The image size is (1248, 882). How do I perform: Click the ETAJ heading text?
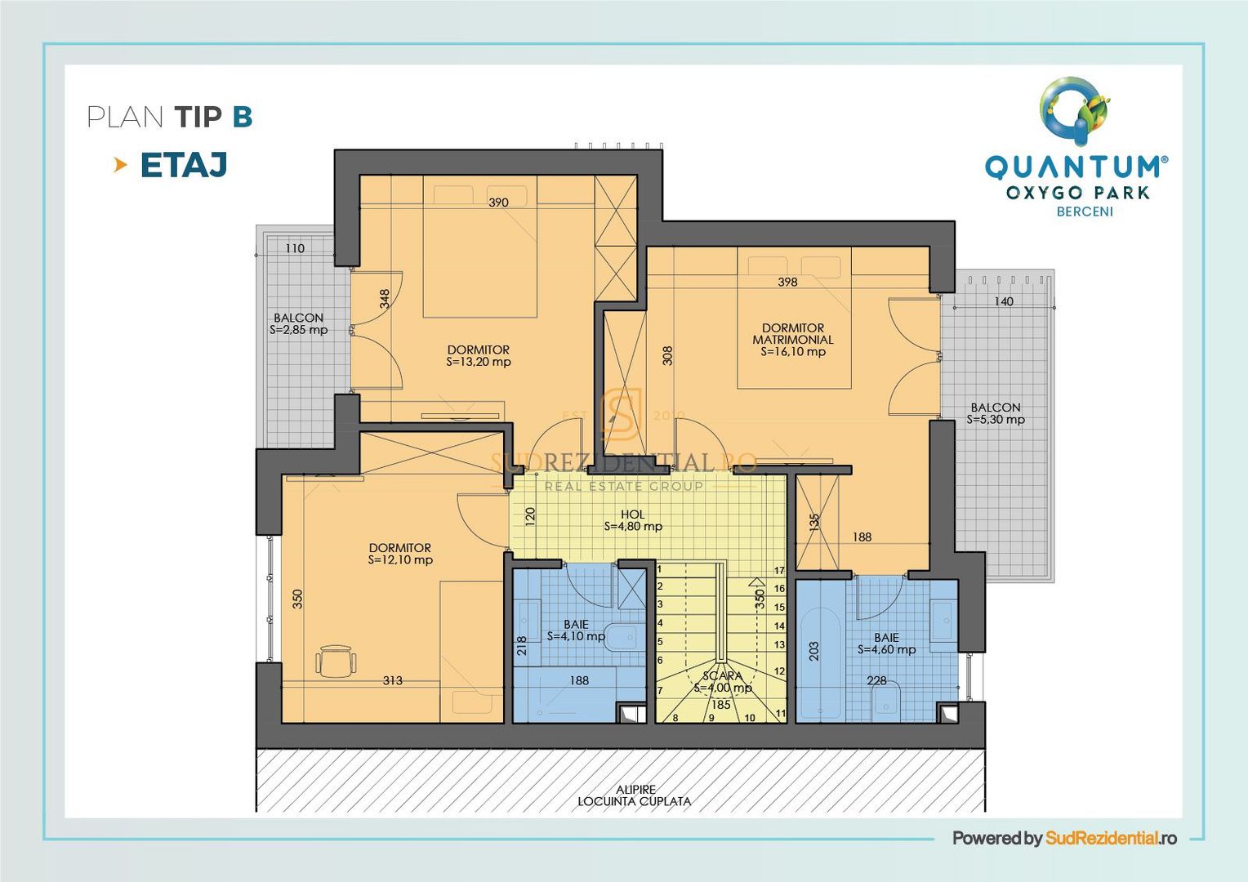(183, 165)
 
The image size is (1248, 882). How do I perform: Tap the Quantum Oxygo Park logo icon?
(1075, 106)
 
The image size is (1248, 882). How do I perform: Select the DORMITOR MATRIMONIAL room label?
(792, 340)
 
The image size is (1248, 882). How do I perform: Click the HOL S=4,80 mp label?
(632, 521)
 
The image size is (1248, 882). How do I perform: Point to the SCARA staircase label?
(722, 682)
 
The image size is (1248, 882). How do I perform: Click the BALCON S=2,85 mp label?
(298, 324)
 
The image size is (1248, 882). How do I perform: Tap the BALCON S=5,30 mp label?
(995, 414)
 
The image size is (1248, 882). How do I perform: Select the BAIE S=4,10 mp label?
(576, 630)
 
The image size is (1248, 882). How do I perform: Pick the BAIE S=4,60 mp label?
(886, 644)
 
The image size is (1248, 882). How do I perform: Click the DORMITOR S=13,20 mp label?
(478, 356)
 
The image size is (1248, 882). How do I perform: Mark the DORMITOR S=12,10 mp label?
(399, 554)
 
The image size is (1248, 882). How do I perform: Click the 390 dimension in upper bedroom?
(498, 203)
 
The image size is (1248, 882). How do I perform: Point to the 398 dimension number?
(787, 282)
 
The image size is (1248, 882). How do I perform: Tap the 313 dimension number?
(392, 680)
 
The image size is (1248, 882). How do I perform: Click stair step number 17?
(779, 571)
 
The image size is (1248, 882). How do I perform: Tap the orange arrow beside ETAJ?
(121, 165)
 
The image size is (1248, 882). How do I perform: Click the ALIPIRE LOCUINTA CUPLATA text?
(635, 795)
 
